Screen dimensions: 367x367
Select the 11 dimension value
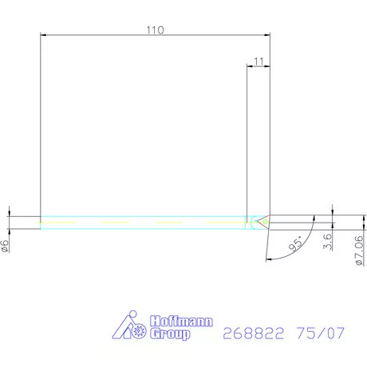[x=258, y=61]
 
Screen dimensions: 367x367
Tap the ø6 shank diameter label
[x=6, y=247]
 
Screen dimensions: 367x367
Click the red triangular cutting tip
[x=264, y=221]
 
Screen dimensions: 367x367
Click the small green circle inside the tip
[x=255, y=221]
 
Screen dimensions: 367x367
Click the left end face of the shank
[x=41, y=221]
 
